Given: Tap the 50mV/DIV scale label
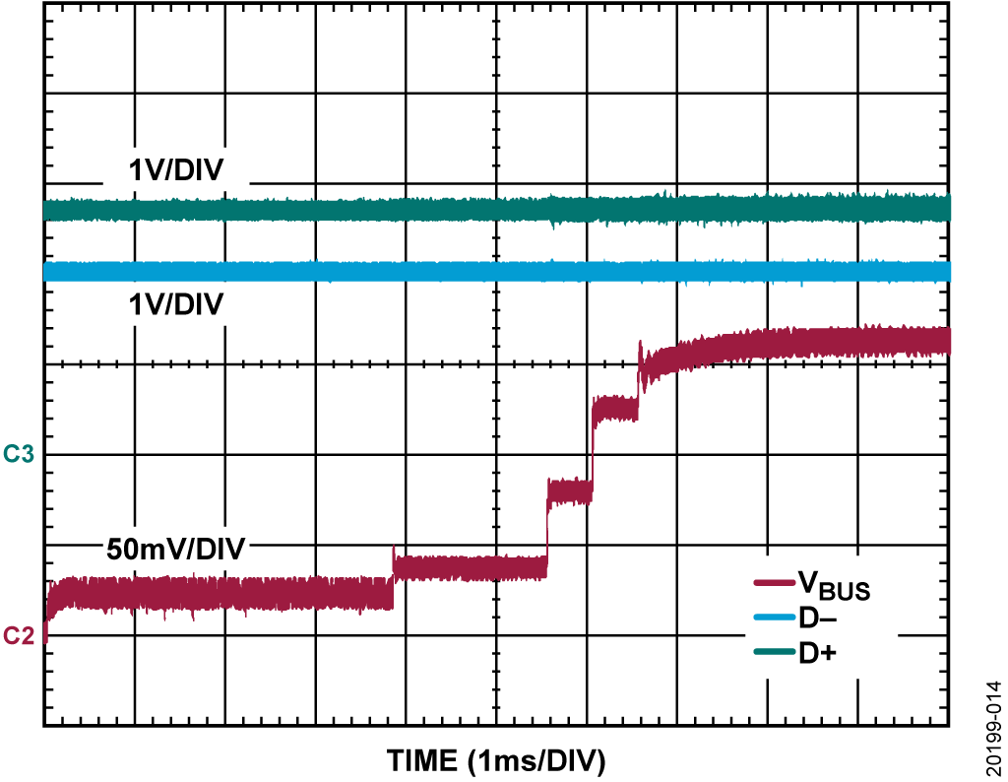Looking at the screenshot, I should pos(176,549).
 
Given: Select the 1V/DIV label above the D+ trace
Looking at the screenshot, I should pos(175,171).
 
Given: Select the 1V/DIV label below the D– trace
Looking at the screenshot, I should pos(175,304).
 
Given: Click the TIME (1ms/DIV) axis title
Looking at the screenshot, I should pos(496,760).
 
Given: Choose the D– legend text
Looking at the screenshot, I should pos(817,619).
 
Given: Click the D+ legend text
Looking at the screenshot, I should pos(817,652).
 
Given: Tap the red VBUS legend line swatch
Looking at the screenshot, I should pos(772,585).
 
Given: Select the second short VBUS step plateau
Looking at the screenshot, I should pos(569,490).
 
